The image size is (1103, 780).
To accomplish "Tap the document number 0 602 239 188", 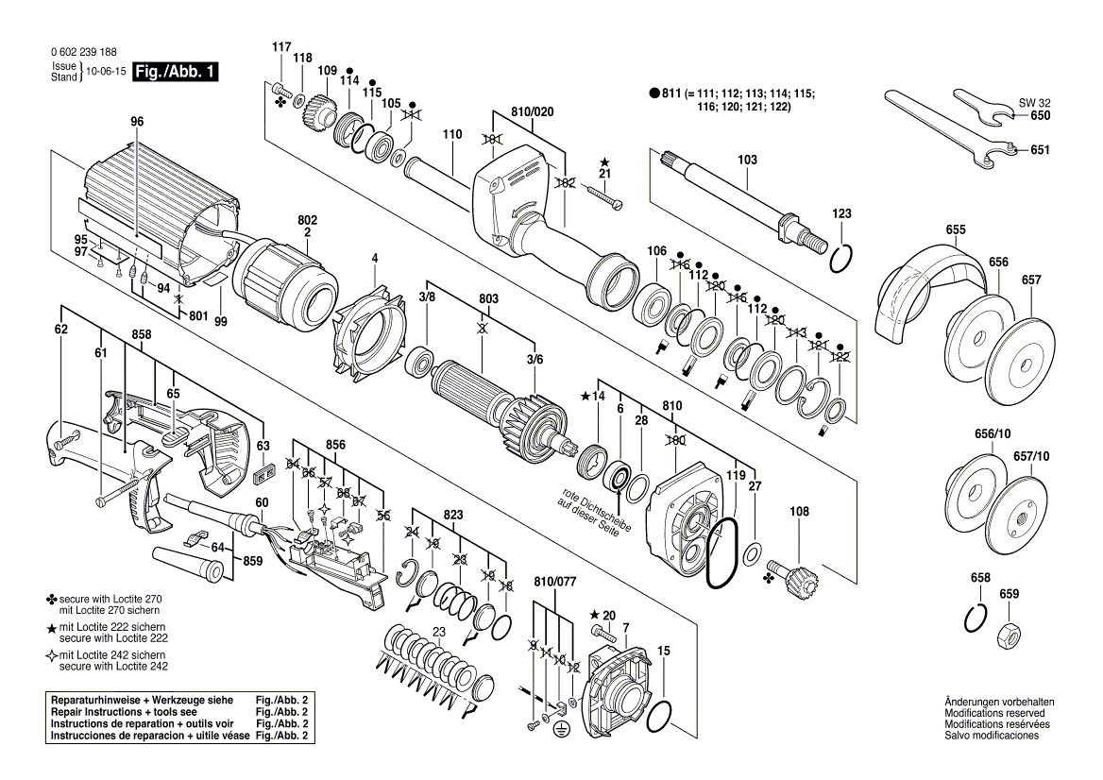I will (85, 53).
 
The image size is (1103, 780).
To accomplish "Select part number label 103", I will (747, 160).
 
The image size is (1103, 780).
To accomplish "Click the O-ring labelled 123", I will (845, 257).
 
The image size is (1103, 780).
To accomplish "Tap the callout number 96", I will (137, 122).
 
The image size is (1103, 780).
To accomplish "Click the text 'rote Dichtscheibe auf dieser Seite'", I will (587, 513).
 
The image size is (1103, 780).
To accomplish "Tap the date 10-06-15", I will (105, 72).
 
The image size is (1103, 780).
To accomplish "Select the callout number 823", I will (453, 515).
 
